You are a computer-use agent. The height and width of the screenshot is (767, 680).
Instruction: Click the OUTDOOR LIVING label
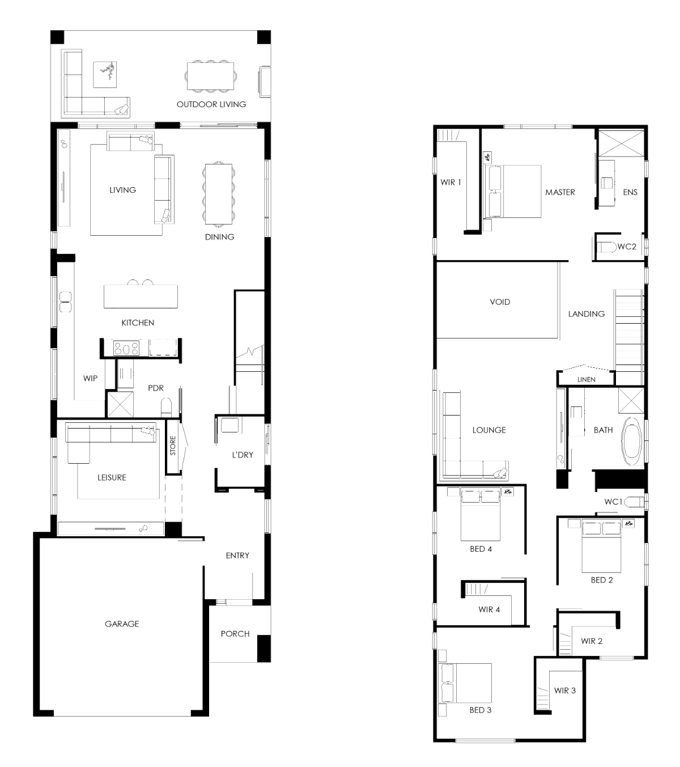click(211, 104)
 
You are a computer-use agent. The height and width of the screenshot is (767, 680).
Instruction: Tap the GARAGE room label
click(122, 624)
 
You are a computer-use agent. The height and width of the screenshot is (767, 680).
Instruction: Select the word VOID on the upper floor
click(500, 302)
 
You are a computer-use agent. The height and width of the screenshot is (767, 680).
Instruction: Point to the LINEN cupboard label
click(586, 379)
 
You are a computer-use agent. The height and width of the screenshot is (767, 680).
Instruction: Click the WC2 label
click(627, 247)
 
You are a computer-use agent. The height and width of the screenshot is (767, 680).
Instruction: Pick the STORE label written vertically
click(173, 446)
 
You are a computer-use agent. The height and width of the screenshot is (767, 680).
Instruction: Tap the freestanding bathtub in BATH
click(632, 442)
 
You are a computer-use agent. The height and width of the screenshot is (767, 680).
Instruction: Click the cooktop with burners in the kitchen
click(126, 348)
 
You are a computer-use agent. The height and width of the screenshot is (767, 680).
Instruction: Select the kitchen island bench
click(141, 296)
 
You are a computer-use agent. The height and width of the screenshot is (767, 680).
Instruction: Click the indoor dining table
click(218, 194)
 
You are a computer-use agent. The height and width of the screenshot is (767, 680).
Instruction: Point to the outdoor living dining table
click(210, 76)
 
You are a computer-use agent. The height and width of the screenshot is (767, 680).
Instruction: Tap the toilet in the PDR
click(166, 407)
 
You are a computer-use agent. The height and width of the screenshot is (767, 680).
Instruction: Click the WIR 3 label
click(564, 690)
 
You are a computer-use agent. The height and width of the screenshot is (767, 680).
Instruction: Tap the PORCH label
click(235, 634)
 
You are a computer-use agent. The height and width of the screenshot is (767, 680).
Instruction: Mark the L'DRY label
click(243, 455)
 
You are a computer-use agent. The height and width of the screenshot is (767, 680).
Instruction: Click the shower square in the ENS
click(621, 143)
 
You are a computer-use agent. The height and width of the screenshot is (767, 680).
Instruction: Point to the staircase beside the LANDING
click(628, 337)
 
